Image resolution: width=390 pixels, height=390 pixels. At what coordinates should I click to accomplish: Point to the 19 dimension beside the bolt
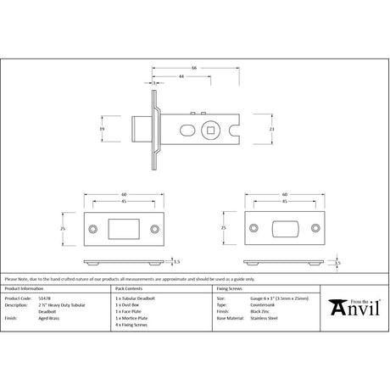(102, 129)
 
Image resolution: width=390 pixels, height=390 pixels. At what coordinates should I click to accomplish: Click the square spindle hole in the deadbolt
(209, 129)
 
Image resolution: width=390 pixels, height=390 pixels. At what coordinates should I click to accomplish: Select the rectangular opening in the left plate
(123, 229)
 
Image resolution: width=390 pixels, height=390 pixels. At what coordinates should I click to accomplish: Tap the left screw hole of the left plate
(93, 229)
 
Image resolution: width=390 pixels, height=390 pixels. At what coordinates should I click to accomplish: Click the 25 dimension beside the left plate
(64, 229)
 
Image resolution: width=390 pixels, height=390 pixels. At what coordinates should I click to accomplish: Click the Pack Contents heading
(130, 289)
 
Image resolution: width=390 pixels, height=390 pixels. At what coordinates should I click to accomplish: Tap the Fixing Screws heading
(232, 289)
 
